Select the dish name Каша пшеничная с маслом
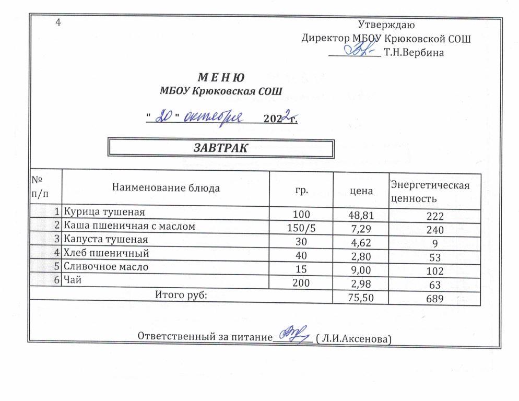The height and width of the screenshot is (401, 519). [129, 226]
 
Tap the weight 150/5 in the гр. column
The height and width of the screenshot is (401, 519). [301, 228]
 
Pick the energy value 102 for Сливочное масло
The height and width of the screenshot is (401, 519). [434, 272]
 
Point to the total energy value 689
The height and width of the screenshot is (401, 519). [434, 299]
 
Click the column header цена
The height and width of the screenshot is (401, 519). [361, 191]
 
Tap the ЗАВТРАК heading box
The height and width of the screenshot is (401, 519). [220, 148]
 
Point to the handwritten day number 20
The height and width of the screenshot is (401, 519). [167, 117]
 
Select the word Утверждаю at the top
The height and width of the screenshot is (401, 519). [386, 24]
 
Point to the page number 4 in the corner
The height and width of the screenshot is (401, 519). [58, 22]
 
